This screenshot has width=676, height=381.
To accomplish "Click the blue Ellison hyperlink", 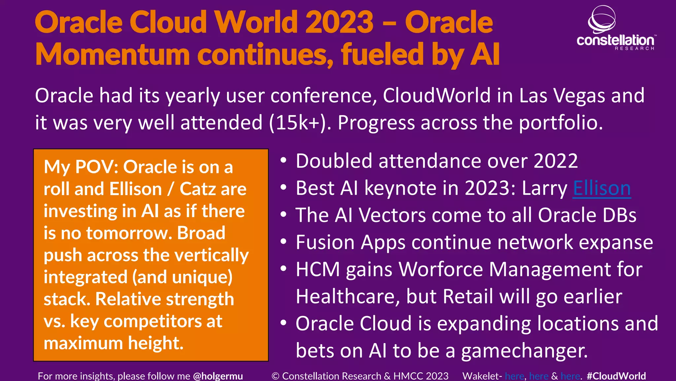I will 601,189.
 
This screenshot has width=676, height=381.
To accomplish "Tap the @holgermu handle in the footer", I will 218,376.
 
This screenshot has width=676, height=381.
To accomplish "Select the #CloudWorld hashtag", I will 616,376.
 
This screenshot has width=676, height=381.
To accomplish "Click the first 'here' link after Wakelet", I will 514,376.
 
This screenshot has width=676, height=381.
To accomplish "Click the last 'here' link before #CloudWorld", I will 570,376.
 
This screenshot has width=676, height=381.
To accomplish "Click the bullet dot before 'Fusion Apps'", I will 283,242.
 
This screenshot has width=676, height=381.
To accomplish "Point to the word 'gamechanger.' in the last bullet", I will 524,351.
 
